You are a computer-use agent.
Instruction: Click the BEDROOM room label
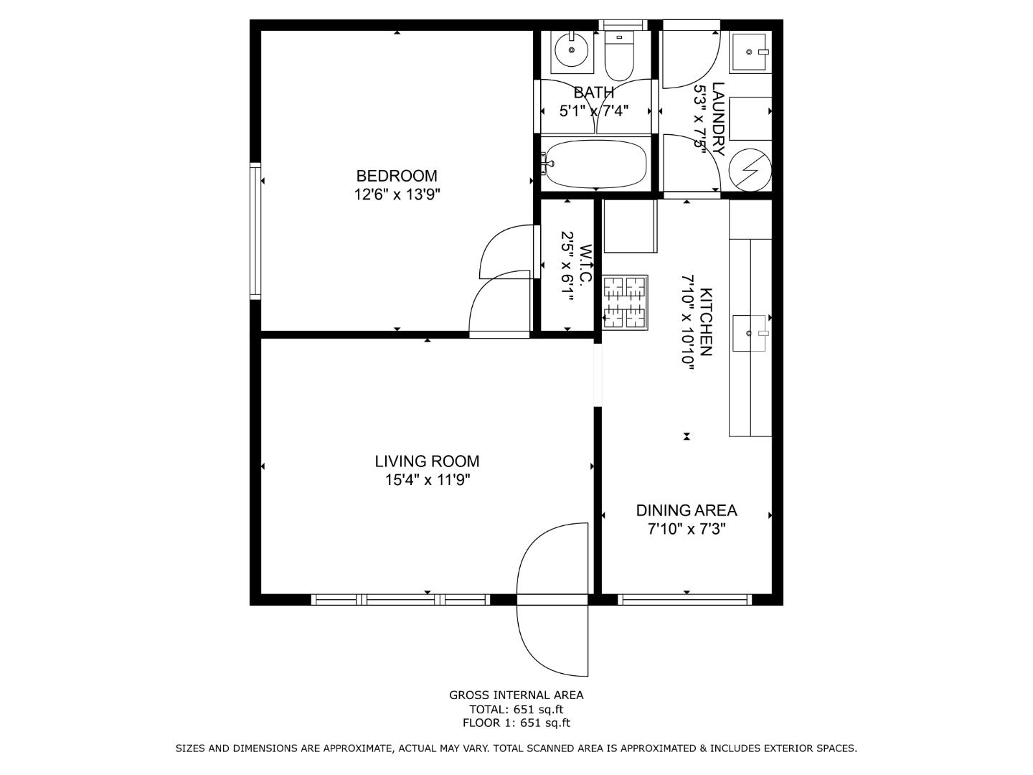click(x=397, y=176)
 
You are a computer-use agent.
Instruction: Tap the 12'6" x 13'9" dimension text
click(x=397, y=194)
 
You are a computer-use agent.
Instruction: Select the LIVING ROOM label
click(x=427, y=461)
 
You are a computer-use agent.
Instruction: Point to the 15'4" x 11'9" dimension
click(x=427, y=480)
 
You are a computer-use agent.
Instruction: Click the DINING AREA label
click(x=687, y=510)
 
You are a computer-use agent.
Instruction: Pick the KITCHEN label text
click(x=706, y=322)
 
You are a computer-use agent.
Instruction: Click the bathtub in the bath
click(x=595, y=164)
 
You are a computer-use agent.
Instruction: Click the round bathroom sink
click(x=572, y=50)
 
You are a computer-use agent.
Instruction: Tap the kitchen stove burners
click(x=625, y=302)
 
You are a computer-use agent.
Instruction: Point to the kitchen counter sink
click(x=750, y=333)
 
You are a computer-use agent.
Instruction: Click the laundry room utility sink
click(x=750, y=52)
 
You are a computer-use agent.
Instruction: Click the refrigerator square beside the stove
click(x=630, y=226)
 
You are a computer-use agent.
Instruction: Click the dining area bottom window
click(x=685, y=599)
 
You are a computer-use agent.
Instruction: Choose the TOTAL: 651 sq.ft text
click(x=516, y=710)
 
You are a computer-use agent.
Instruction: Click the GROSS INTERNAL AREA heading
click(x=516, y=695)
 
